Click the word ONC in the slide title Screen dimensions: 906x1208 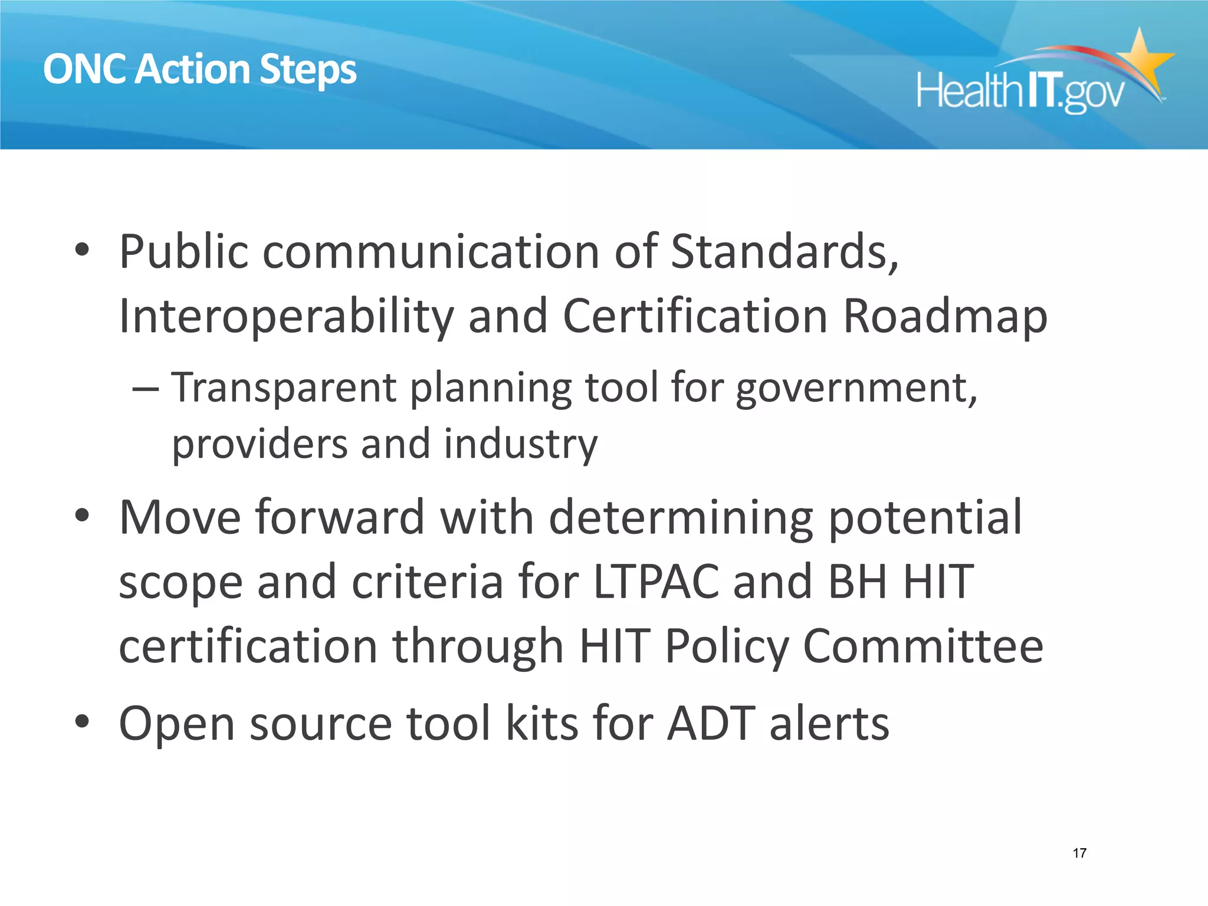click(86, 70)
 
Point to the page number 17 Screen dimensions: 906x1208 click(1079, 853)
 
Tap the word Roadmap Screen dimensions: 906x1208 click(945, 316)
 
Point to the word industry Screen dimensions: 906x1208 click(521, 444)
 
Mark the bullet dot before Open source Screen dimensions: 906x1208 click(82, 721)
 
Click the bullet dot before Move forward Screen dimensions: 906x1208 click(82, 515)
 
